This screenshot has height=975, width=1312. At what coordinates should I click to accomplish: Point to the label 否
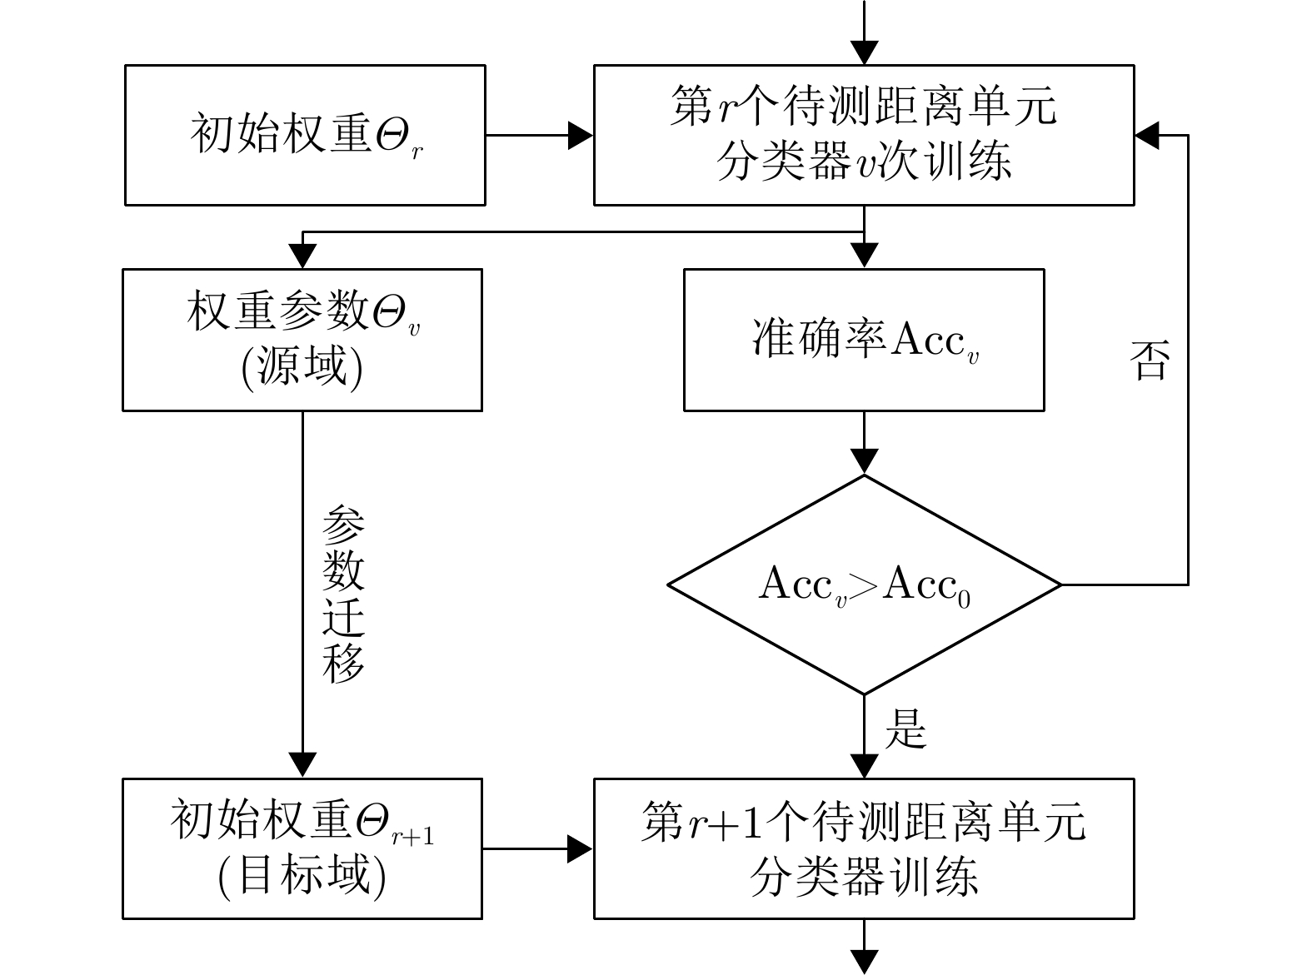click(1150, 360)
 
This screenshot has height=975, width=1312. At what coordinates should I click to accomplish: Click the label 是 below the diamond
click(905, 729)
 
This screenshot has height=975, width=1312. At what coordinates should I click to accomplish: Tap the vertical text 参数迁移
click(343, 594)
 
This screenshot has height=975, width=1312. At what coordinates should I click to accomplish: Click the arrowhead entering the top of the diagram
click(864, 52)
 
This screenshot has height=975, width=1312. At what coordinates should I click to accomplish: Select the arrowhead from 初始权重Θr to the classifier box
click(581, 136)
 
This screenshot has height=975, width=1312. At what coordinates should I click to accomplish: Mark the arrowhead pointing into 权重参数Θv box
click(302, 256)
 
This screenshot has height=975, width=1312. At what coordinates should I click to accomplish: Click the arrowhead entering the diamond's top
click(864, 462)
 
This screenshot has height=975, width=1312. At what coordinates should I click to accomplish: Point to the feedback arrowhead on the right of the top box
click(1148, 136)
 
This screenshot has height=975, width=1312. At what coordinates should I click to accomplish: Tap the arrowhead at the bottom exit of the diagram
click(864, 962)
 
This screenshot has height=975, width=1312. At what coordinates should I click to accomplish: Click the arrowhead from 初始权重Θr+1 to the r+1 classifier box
click(581, 848)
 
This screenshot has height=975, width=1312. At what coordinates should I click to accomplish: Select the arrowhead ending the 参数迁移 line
click(302, 765)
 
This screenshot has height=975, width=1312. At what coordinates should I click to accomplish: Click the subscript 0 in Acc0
click(964, 599)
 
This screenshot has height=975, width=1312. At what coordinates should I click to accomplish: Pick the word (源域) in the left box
click(302, 367)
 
